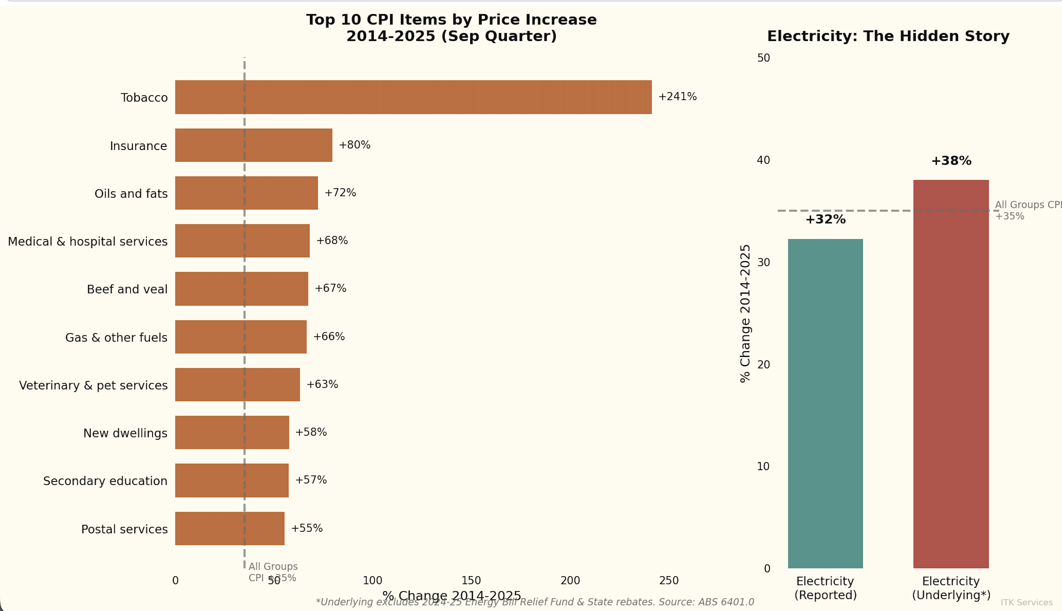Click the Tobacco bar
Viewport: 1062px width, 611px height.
click(413, 97)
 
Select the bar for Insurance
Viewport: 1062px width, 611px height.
click(253, 145)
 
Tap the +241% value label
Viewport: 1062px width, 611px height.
click(677, 97)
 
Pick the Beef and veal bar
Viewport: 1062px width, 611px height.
click(241, 289)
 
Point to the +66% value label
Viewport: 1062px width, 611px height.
click(329, 337)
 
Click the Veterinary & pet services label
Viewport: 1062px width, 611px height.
click(93, 385)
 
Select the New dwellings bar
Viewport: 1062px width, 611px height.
click(232, 432)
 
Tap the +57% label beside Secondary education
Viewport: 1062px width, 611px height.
click(311, 480)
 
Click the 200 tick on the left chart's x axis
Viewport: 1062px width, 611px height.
click(570, 580)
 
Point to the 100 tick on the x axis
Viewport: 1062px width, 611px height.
click(372, 580)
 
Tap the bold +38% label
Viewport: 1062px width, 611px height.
click(951, 161)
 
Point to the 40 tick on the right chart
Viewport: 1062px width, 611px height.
click(763, 160)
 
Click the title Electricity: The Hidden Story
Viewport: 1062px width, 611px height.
click(888, 36)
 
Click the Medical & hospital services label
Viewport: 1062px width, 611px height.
click(88, 241)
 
